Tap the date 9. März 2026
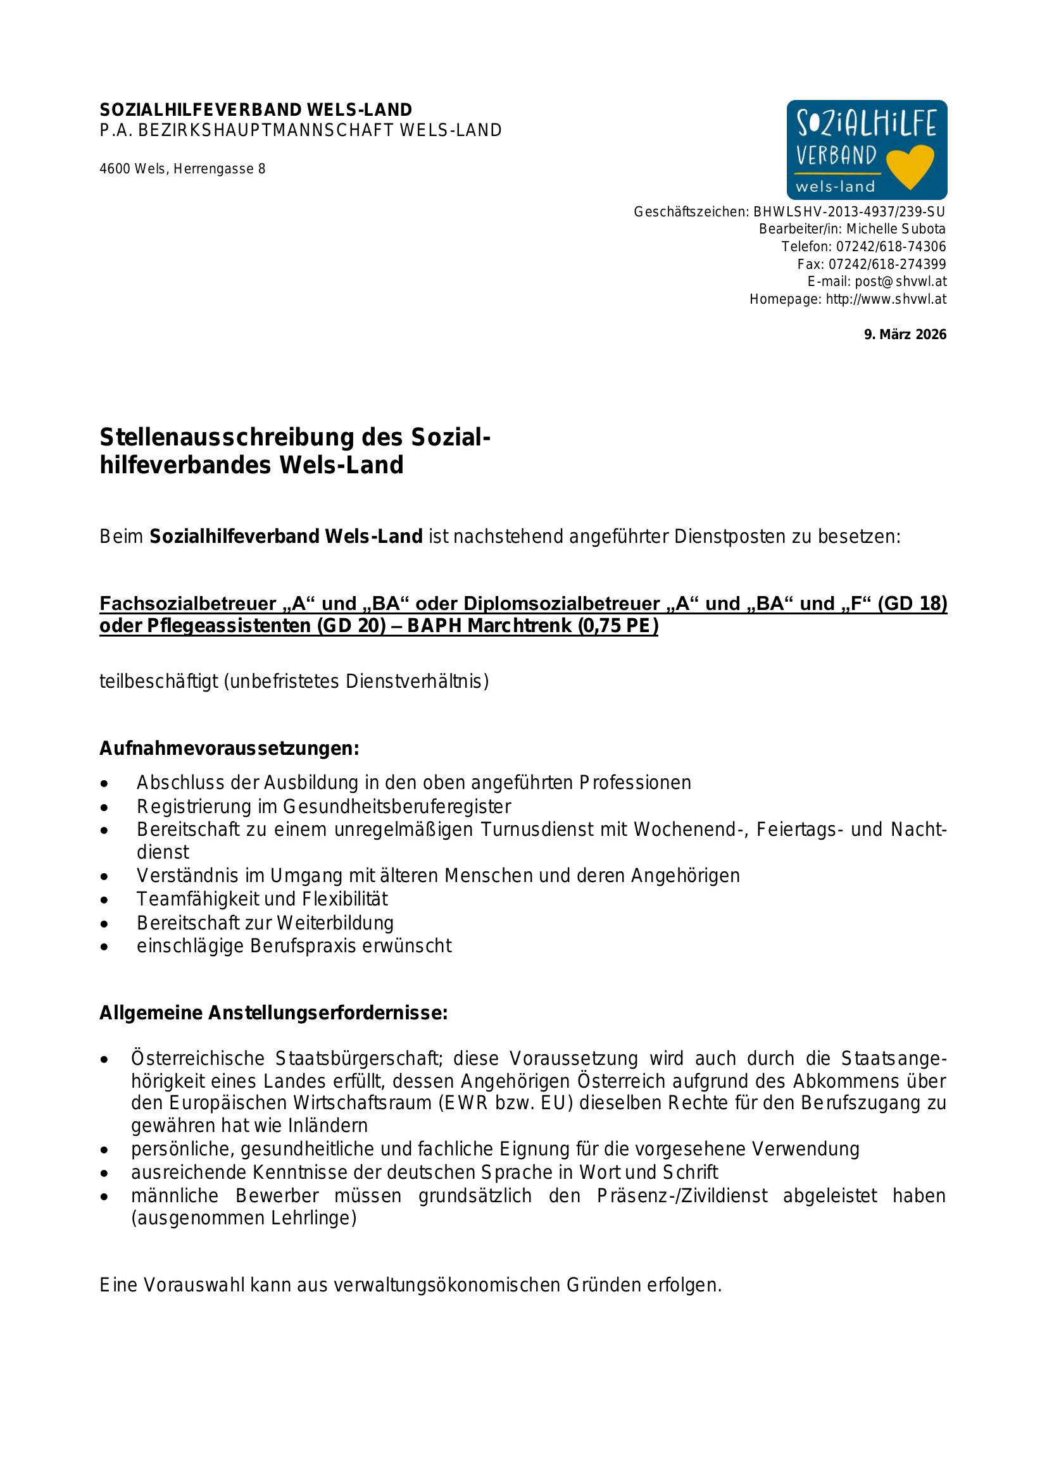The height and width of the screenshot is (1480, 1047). point(905,335)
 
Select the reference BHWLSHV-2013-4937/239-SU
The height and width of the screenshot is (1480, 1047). point(848,211)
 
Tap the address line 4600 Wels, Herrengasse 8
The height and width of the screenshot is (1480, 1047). point(182,169)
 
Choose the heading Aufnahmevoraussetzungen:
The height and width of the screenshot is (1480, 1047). point(229,749)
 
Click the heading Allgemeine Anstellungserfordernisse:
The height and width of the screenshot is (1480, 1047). point(273,1012)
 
